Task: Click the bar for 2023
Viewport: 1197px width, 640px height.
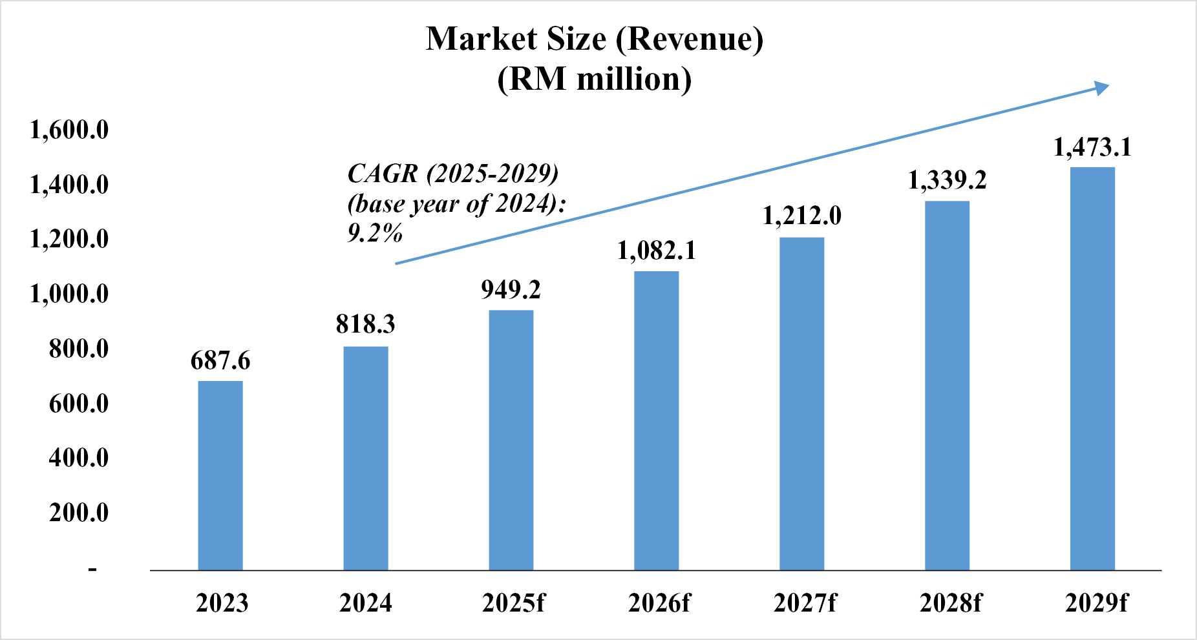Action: point(220,475)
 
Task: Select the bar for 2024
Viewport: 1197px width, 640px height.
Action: point(366,459)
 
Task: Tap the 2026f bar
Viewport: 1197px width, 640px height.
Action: point(657,420)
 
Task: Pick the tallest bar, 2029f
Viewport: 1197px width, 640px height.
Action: point(1092,369)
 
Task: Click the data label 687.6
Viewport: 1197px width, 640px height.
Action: point(220,360)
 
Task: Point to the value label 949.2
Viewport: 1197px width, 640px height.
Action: point(511,289)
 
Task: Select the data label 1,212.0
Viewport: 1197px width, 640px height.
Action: point(802,216)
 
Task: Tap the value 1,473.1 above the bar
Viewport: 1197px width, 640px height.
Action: point(1092,147)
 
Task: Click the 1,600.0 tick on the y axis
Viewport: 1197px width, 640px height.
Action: point(69,130)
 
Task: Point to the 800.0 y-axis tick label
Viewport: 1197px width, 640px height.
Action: point(79,349)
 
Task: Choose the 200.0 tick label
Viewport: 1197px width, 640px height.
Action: point(79,513)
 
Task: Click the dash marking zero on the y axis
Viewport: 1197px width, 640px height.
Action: point(93,569)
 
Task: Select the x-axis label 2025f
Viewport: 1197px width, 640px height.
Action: point(513,603)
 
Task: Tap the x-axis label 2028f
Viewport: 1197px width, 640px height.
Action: point(950,603)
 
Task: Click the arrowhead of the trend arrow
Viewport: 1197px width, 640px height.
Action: point(1101,88)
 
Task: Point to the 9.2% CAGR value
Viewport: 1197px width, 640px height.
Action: point(375,232)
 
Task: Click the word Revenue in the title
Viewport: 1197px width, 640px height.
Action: point(690,39)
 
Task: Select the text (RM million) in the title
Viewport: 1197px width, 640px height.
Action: point(594,79)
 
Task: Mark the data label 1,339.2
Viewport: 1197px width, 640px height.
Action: point(948,180)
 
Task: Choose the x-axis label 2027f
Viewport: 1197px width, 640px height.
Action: point(804,603)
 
